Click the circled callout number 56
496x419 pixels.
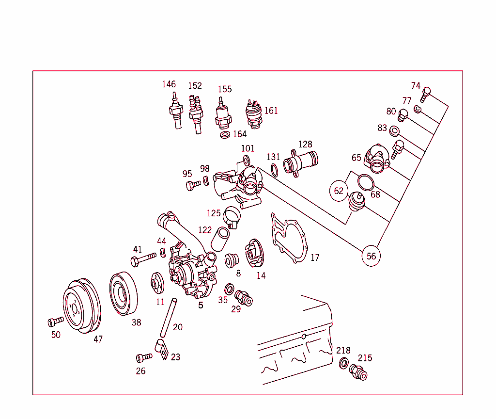pyautogui.click(x=371, y=256)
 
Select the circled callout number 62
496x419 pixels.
pyautogui.click(x=339, y=191)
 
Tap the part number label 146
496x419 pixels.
pyautogui.click(x=169, y=84)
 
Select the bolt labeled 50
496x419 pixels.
pyautogui.click(x=56, y=321)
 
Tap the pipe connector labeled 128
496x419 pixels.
pyautogui.click(x=301, y=162)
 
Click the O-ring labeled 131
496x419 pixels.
pyautogui.click(x=274, y=170)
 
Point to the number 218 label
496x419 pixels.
pyautogui.click(x=343, y=351)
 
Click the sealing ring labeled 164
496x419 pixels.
pyautogui.click(x=225, y=134)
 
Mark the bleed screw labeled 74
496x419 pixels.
pyautogui.click(x=426, y=94)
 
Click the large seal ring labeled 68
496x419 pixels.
pyautogui.click(x=366, y=182)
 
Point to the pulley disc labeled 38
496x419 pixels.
pyautogui.click(x=123, y=293)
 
